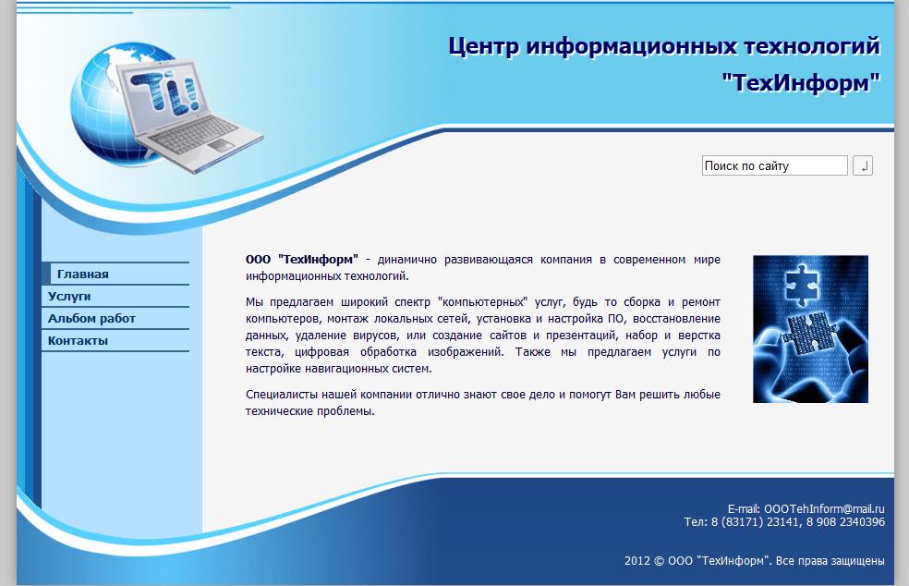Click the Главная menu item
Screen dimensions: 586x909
pos(83,275)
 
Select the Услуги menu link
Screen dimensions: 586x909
pos(69,297)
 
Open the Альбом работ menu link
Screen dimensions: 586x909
pos(91,319)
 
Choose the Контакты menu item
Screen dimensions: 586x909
pos(78,341)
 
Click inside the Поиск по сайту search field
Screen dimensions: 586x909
pos(774,166)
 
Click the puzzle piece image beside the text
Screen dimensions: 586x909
pos(810,329)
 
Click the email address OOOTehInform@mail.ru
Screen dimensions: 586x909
pos(824,509)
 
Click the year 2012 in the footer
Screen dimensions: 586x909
pos(637,560)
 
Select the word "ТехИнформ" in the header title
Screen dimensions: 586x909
pos(801,82)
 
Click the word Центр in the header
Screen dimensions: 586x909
pos(483,45)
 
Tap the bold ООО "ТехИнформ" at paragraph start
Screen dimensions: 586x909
pos(302,260)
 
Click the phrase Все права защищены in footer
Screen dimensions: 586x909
pos(830,560)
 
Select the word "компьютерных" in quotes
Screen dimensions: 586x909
pos(486,302)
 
